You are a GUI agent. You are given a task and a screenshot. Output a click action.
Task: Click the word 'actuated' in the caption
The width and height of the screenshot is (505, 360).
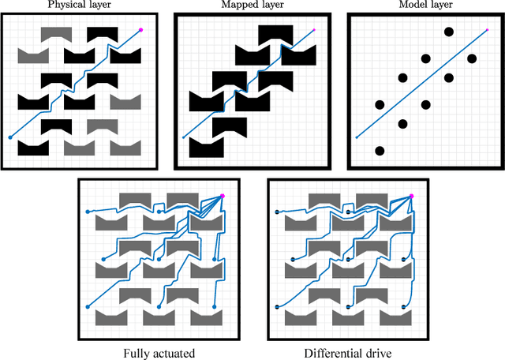point(176,352)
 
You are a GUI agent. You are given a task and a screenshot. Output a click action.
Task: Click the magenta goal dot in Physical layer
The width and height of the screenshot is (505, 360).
point(141,30)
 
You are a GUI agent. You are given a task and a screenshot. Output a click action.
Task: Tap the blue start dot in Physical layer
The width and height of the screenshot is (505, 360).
point(10,137)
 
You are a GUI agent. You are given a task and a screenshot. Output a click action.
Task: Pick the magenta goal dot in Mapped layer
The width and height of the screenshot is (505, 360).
point(313,31)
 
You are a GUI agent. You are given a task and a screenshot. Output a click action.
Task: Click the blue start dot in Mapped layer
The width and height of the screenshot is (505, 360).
point(184,137)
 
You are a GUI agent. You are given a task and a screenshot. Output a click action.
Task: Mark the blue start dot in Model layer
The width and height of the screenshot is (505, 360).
point(357,137)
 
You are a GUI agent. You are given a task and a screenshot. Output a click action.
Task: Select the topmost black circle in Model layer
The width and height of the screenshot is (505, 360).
point(449,32)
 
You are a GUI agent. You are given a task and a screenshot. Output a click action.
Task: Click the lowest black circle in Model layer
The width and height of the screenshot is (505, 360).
point(380,150)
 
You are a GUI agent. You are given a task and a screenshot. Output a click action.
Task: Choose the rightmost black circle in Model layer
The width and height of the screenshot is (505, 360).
point(472,58)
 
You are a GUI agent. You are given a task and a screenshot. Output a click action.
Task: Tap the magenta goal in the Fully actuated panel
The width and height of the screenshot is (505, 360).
point(223,195)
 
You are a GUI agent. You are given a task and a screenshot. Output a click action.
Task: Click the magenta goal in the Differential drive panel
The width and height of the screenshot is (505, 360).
point(412,195)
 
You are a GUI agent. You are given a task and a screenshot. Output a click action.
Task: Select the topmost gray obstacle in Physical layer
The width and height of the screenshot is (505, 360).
point(55,34)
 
